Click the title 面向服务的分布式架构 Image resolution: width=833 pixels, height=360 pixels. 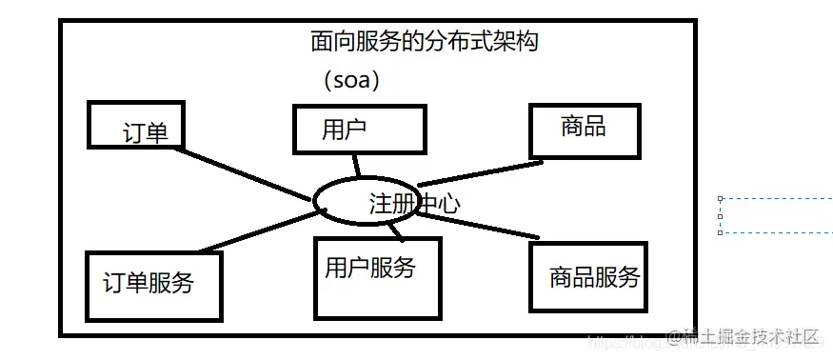click(430, 41)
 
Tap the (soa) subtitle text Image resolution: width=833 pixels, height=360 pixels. click(351, 80)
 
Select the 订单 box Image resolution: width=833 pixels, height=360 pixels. click(132, 125)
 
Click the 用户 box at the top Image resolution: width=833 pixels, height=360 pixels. click(358, 130)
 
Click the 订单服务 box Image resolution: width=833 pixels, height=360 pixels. click(153, 285)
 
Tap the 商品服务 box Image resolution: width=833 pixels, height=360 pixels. click(588, 277)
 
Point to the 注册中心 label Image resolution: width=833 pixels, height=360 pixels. click(415, 203)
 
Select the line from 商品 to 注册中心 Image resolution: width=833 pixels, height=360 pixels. click(481, 172)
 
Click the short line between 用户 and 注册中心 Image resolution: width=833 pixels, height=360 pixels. click(357, 164)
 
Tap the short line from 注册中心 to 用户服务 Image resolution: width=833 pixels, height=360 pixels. click(396, 230)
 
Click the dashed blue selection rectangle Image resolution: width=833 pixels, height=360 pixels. click(775, 215)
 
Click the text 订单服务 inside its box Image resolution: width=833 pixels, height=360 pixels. click(149, 282)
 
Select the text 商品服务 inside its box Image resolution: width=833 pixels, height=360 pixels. click(595, 277)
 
